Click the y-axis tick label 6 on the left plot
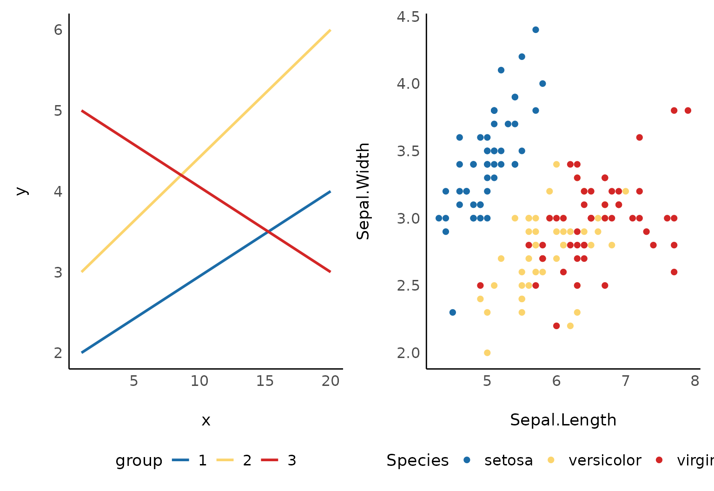(x=58, y=30)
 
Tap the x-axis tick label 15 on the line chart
(x=265, y=381)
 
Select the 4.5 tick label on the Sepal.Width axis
(x=408, y=17)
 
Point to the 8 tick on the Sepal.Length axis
(x=694, y=381)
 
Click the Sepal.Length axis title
(x=563, y=420)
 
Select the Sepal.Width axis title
(x=363, y=191)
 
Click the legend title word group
(x=139, y=460)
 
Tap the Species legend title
(x=417, y=460)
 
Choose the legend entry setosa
(x=509, y=460)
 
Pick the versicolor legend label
(x=605, y=460)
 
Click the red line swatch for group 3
(x=270, y=460)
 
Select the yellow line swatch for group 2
(x=225, y=460)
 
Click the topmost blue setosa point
(x=535, y=30)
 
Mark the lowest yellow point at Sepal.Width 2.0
(x=487, y=352)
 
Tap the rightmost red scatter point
(x=688, y=111)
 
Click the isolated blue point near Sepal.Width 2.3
(x=453, y=312)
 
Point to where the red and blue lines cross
(x=268, y=231)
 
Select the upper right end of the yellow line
(x=330, y=30)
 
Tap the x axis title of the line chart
(x=206, y=420)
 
